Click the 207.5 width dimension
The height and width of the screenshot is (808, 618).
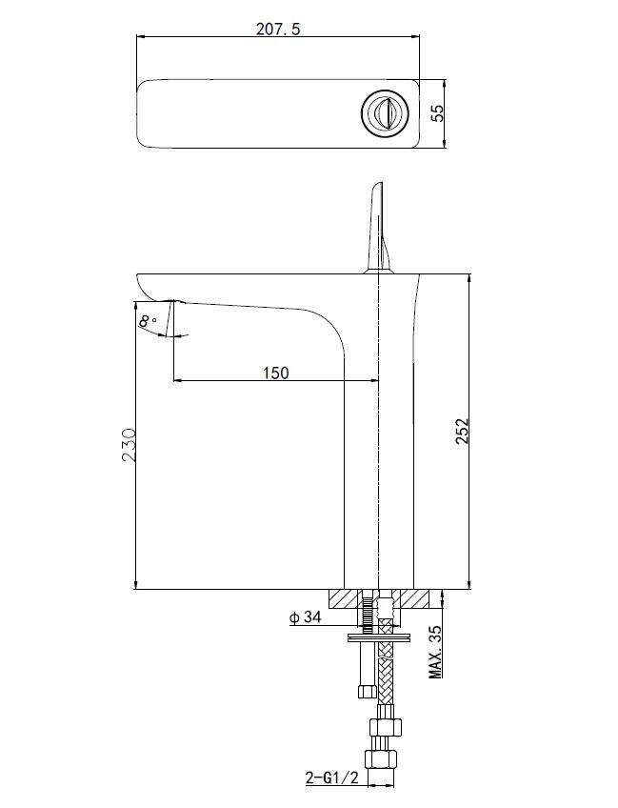[278, 29]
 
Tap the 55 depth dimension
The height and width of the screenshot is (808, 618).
[437, 113]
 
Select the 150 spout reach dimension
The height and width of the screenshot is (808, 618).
[276, 372]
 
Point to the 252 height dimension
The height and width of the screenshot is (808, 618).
[462, 431]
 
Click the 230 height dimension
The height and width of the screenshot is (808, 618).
[129, 444]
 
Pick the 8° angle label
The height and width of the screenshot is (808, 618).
[148, 321]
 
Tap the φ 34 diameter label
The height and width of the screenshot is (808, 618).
[305, 616]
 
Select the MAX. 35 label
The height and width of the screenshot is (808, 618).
[436, 652]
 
